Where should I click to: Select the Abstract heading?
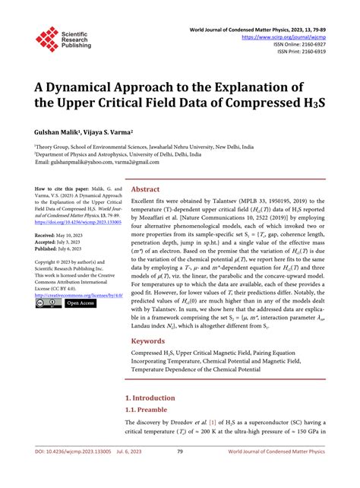146,189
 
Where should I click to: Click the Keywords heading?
148,341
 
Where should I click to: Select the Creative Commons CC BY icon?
48,303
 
